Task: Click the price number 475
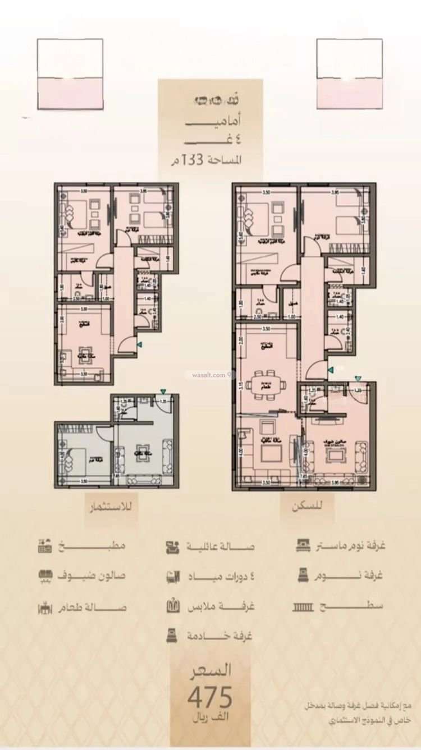(209, 698)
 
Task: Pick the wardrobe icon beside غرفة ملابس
(172, 606)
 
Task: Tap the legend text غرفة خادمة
(220, 636)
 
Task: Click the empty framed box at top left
(70, 73)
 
